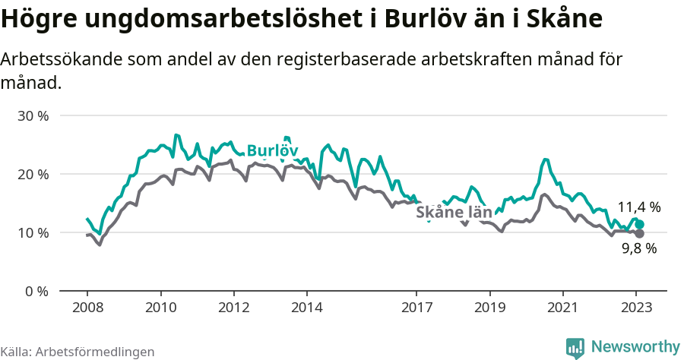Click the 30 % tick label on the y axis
(33, 116)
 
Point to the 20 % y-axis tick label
(33, 174)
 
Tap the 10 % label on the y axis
(33, 232)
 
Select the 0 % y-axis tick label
(37, 291)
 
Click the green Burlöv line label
(272, 150)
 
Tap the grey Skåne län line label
(454, 213)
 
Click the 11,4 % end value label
(638, 207)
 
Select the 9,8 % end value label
(638, 248)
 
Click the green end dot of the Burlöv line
(640, 225)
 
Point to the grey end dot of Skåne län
(639, 233)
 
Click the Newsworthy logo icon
(575, 347)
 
